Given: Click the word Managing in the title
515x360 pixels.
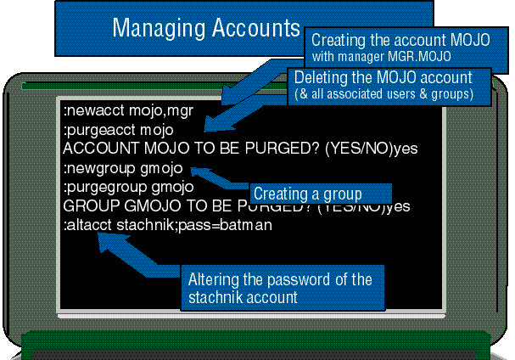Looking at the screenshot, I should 154,28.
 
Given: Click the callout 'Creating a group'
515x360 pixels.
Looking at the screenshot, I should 308,194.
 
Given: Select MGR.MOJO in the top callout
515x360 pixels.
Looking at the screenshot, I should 422,56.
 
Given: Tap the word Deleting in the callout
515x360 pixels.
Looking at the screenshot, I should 319,77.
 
